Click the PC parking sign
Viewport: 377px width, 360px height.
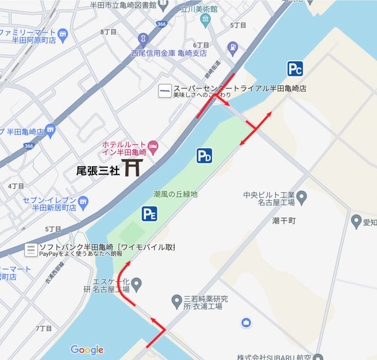click(295, 69)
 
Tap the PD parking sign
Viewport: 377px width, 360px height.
click(204, 156)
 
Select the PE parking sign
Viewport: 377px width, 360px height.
click(149, 214)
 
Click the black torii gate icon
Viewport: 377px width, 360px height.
click(131, 167)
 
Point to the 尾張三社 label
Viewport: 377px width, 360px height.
click(98, 171)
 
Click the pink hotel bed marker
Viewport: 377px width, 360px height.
click(153, 145)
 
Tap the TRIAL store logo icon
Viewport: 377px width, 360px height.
click(165, 91)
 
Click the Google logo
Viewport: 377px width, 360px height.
click(87, 350)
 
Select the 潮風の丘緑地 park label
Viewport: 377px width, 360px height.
click(175, 194)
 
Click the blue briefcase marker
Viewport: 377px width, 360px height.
click(246, 323)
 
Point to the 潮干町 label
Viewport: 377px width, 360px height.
click(284, 220)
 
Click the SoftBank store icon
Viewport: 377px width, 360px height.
click(31, 250)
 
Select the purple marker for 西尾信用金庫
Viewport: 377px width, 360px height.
click(143, 39)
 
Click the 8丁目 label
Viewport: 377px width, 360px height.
click(108, 32)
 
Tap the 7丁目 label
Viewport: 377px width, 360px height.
click(44, 328)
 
